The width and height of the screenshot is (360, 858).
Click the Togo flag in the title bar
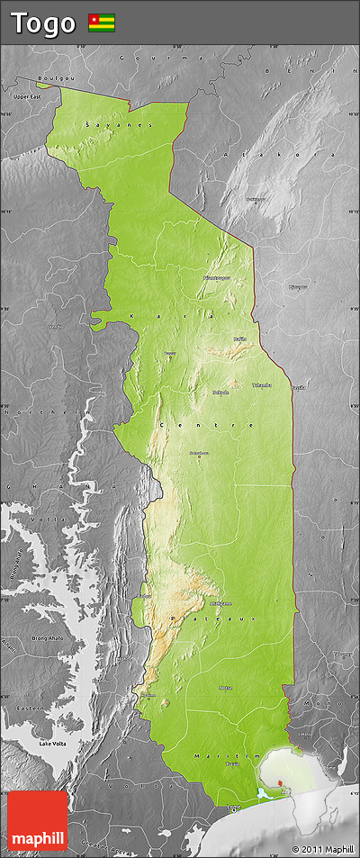coord(101,23)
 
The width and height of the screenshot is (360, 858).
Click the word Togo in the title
coord(42,23)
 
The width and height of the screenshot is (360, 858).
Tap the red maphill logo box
coord(37,819)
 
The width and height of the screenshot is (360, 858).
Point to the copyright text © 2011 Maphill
coord(322,849)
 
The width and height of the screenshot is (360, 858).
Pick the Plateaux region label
coord(211,619)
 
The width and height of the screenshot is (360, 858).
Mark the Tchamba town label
coord(261,384)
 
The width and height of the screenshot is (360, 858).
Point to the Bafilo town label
coord(239,339)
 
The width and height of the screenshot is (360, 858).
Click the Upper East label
coord(28,95)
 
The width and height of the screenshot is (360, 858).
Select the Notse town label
coord(225,688)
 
